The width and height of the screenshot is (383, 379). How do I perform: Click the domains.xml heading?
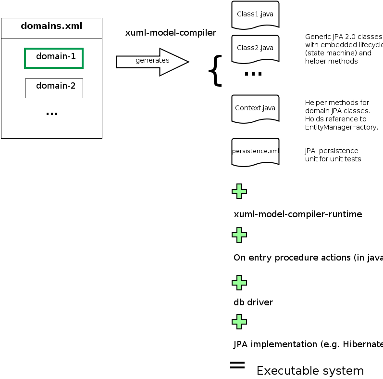pos(51,26)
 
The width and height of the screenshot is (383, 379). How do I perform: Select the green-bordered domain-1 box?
pos(54,58)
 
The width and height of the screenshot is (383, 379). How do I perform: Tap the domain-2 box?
pos(54,88)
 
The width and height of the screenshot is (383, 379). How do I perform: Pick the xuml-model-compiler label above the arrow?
pos(171,33)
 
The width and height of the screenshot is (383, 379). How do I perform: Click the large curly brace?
pos(215,71)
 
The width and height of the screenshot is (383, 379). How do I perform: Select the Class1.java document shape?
pos(255,14)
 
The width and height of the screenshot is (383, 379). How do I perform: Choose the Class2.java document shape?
pos(255,48)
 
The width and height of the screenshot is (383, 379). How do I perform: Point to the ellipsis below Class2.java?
pos(253,74)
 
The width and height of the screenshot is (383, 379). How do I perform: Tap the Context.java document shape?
pos(255,108)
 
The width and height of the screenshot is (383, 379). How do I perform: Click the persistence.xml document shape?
pos(255,151)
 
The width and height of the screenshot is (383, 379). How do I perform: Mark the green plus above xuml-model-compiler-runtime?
pos(239,191)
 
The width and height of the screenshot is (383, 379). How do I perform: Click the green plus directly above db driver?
pos(239,282)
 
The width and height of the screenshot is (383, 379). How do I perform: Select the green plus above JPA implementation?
pos(239,321)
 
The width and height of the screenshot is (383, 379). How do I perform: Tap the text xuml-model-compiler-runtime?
pos(297,214)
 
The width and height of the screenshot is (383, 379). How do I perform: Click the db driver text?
pos(253,303)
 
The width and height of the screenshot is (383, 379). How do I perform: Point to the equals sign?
pos(237,365)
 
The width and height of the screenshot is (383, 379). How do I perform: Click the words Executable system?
pos(310,371)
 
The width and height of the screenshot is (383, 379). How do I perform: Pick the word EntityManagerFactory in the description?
pos(342,128)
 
